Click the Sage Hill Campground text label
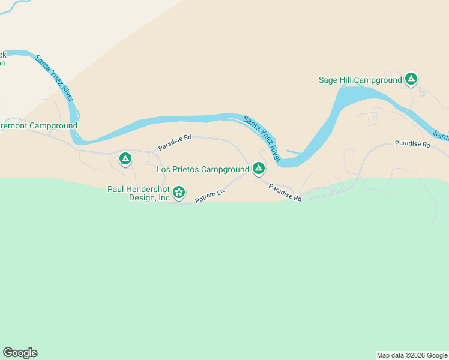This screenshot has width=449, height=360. tap(360, 80)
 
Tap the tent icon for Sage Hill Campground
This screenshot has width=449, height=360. tap(411, 79)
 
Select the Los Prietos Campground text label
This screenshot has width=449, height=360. tap(203, 170)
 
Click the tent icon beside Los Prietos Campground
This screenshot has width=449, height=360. tap(259, 169)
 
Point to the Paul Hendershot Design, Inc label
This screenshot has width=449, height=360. tap(139, 193)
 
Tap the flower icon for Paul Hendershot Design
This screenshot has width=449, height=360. tap(178, 193)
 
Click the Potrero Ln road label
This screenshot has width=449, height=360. tap(209, 196)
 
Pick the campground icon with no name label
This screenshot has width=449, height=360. tap(125, 158)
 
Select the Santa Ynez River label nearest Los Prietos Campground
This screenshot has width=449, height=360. tap(262, 137)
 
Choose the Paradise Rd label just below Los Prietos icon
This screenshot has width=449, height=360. tap(285, 193)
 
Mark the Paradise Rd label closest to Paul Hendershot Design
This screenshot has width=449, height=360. tap(175, 142)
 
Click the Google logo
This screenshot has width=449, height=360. tap(20, 353)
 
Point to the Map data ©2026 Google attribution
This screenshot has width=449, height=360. tap(412, 355)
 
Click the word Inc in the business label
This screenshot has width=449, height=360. tap(163, 198)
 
